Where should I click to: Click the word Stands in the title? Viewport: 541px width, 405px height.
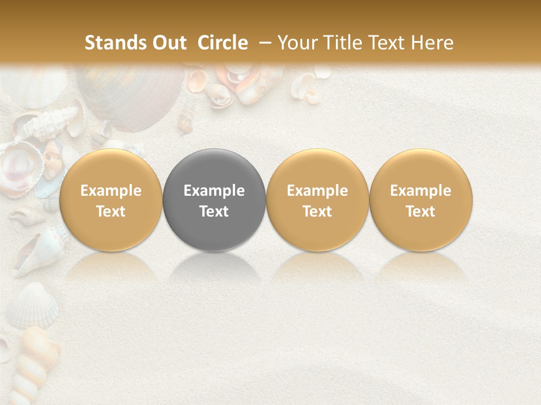click(x=116, y=43)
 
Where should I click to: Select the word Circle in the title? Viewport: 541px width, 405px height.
click(x=223, y=43)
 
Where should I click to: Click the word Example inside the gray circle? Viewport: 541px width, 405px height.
click(x=214, y=191)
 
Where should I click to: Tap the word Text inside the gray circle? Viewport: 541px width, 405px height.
click(x=214, y=211)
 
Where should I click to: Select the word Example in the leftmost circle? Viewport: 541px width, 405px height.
click(x=111, y=191)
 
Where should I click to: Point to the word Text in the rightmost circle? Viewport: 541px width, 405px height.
click(x=421, y=211)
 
